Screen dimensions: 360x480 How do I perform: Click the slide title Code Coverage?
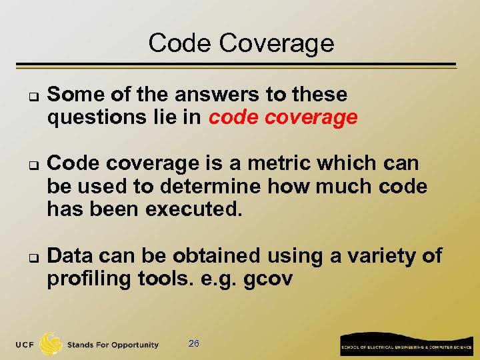[x=241, y=43]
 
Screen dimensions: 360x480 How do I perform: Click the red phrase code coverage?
[x=283, y=118]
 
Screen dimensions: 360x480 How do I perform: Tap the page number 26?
[x=194, y=344]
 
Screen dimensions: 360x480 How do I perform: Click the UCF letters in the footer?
[x=26, y=345]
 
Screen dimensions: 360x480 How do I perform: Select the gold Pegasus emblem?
[x=51, y=344]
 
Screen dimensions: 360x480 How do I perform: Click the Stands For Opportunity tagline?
[x=113, y=345]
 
